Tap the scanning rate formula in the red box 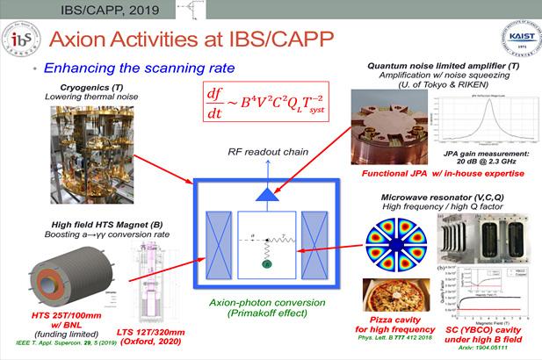pos(260,99)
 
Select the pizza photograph pos(394,300)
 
